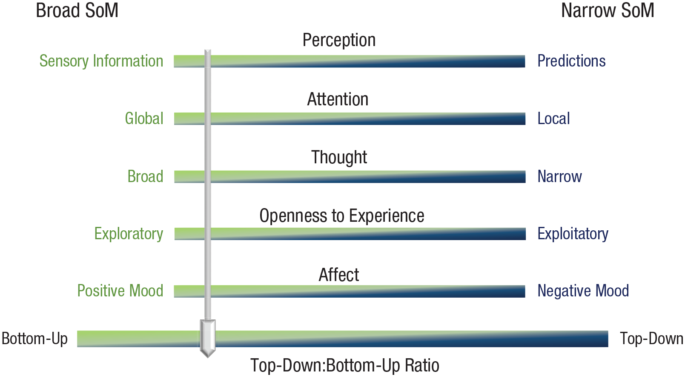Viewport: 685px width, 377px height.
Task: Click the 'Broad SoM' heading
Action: tap(77, 10)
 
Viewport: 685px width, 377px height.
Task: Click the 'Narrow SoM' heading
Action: tap(608, 10)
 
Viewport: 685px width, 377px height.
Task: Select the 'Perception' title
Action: tap(339, 40)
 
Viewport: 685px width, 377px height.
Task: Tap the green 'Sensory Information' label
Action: tap(101, 61)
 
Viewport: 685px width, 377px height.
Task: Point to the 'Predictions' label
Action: tap(572, 61)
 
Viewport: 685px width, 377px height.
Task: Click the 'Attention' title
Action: tap(338, 99)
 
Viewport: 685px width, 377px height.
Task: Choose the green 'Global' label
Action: tap(144, 118)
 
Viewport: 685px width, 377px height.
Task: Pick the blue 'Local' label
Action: tap(554, 118)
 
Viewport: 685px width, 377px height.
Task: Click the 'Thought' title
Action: tap(339, 157)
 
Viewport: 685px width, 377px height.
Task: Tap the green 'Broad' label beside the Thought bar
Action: tap(145, 177)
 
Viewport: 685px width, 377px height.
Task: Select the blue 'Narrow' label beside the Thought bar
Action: tap(559, 177)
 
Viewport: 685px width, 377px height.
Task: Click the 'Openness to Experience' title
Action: tap(341, 216)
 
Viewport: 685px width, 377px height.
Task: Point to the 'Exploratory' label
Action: tap(129, 234)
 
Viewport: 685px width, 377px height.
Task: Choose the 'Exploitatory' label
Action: tap(573, 234)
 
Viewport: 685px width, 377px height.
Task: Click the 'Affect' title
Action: tap(339, 275)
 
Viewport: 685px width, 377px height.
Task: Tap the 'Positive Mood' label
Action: tap(120, 290)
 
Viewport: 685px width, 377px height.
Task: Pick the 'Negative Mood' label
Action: tap(583, 290)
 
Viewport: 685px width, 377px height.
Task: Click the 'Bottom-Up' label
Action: tap(34, 339)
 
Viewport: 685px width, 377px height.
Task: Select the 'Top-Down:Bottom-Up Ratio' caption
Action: tap(345, 365)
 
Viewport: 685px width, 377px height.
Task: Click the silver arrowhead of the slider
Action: tap(208, 339)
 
